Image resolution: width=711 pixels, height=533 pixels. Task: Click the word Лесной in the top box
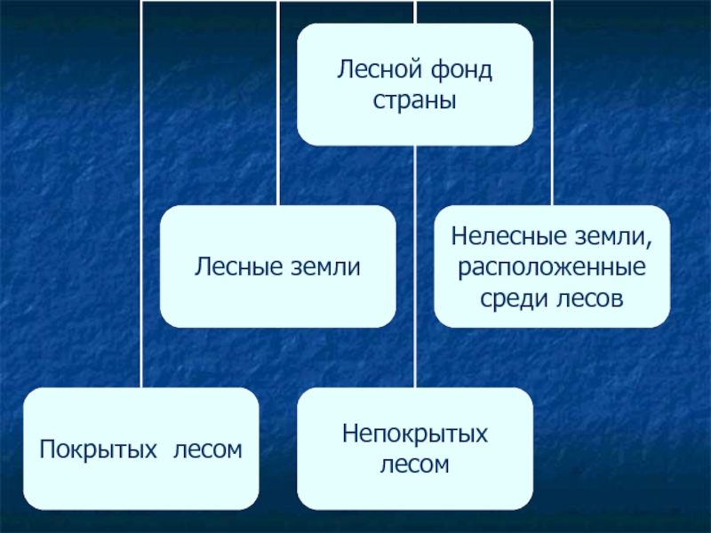(379, 69)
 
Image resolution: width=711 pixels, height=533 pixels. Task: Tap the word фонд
(461, 70)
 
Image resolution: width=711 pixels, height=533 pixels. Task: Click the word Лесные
(238, 266)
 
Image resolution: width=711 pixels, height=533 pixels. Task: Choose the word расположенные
(552, 268)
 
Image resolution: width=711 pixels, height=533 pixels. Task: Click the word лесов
(588, 299)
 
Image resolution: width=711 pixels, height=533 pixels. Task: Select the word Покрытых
(98, 449)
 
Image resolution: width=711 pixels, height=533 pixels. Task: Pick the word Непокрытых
(415, 434)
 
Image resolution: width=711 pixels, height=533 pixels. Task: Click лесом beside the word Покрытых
(208, 450)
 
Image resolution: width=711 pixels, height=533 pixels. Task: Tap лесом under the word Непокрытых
(414, 465)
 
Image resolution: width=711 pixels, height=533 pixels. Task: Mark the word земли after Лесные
(325, 267)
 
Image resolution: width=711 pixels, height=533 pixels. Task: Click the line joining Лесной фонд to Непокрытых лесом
(415, 266)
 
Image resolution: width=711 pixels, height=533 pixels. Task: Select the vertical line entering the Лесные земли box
(278, 103)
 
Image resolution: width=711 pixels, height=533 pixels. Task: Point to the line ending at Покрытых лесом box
(141, 194)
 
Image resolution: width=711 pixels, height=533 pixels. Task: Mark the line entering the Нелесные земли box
(552, 103)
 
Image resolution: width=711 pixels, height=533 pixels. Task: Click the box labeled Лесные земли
(278, 266)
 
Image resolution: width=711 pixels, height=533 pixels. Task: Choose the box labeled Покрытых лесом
(141, 449)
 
